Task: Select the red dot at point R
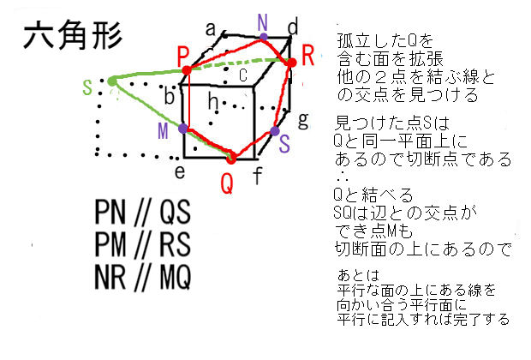tap(292, 63)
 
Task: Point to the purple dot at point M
tap(183, 128)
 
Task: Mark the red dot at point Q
tap(230, 157)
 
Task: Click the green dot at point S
tap(112, 81)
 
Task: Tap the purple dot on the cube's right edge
tap(275, 132)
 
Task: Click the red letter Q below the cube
tap(227, 183)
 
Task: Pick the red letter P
tap(183, 54)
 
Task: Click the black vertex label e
tap(180, 171)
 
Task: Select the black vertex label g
tap(301, 117)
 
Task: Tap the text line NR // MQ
tap(143, 278)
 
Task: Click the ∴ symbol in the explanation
tap(338, 175)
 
